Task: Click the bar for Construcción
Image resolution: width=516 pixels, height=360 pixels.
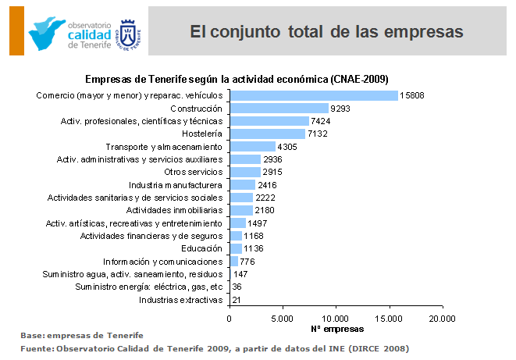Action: point(279,109)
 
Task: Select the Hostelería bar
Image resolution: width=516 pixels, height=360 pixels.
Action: point(267,134)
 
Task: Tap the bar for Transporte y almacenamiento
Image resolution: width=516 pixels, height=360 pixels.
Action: point(252,146)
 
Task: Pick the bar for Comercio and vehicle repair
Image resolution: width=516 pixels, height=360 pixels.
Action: point(314,95)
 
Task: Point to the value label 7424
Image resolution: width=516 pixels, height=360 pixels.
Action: point(322,121)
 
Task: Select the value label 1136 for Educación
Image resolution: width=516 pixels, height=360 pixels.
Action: point(254,248)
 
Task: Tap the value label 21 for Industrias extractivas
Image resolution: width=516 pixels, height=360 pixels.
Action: point(237,299)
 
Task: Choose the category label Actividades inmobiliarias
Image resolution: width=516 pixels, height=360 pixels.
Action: point(174,210)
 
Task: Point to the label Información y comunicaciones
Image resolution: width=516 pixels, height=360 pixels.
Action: point(163,262)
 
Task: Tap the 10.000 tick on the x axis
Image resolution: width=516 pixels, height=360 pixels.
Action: point(336,318)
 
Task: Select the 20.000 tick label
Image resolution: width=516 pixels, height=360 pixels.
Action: point(442,318)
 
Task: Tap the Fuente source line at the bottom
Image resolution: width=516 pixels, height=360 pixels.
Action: point(214,348)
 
